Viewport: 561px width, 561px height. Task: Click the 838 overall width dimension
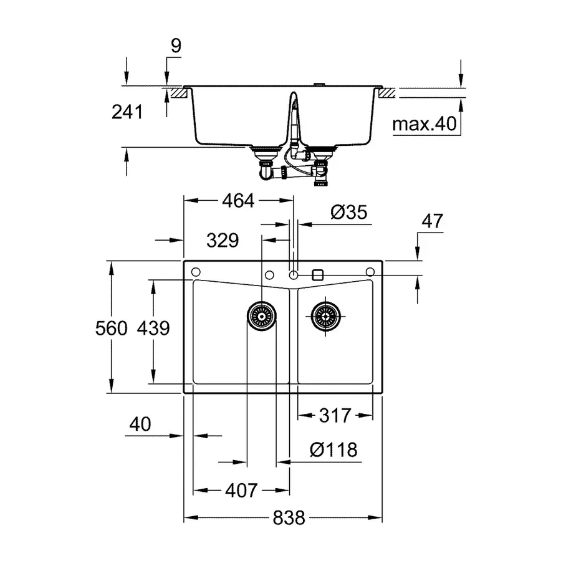tap(289, 518)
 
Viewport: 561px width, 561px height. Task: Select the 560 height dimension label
tap(113, 328)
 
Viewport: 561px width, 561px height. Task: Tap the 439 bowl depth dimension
tap(153, 328)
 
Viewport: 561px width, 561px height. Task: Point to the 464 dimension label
tap(238, 201)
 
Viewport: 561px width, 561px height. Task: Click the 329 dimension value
tap(222, 240)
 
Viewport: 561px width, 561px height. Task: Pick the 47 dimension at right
tap(431, 221)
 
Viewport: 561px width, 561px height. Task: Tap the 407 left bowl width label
tap(240, 491)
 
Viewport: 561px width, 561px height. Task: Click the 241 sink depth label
tap(127, 112)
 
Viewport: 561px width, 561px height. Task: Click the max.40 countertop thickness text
tap(424, 124)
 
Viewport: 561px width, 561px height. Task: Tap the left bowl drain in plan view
tap(262, 317)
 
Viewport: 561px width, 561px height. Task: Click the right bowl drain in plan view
tap(325, 317)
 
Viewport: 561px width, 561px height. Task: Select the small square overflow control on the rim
tap(317, 274)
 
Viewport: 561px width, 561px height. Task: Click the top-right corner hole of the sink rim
tap(370, 272)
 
